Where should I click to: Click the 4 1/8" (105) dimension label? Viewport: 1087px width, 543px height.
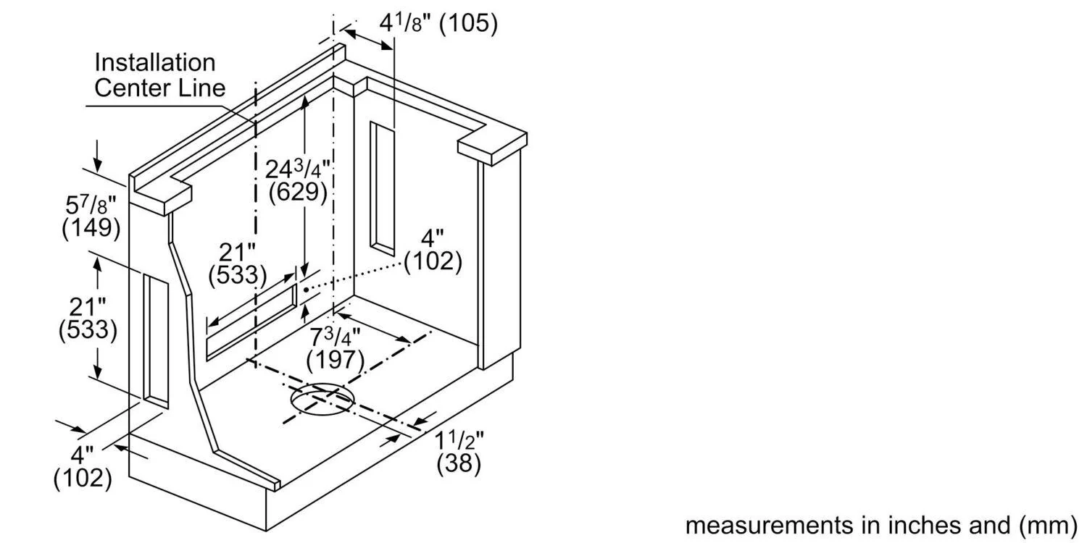point(438,22)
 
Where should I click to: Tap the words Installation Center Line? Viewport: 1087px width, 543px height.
point(159,75)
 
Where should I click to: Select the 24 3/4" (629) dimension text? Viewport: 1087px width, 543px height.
point(298,181)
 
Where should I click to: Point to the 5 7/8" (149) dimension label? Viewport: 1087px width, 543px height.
point(91,216)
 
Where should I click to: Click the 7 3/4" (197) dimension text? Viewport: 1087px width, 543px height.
point(336,348)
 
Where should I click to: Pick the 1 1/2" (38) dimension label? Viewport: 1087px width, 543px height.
point(459,452)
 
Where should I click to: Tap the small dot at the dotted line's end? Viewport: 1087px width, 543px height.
point(307,290)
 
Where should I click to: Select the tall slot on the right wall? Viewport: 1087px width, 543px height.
point(383,188)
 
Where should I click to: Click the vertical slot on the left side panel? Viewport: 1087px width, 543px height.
point(156,341)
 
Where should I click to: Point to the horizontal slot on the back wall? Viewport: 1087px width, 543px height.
point(251,322)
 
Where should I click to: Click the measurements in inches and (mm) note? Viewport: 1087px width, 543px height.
point(880,525)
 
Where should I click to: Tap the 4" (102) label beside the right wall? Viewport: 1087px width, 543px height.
point(433,251)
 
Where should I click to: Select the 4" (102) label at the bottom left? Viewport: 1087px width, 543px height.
point(83,466)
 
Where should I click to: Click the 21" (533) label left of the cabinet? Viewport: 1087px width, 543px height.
point(88,319)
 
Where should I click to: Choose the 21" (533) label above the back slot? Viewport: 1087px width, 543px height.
point(237,264)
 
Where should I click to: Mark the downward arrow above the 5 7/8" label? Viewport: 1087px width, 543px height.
point(98,156)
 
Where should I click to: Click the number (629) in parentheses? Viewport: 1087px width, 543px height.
point(298,193)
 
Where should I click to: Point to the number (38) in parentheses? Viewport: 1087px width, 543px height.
point(459,463)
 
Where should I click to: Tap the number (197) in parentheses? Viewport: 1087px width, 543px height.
point(336,361)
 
